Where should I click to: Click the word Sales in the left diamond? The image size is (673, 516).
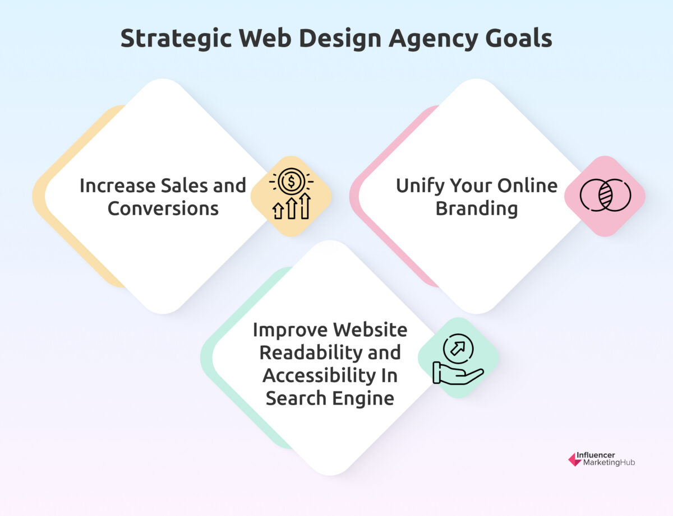tap(176, 185)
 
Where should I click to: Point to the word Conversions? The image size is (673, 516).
tap(163, 208)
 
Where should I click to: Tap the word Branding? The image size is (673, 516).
tap(477, 208)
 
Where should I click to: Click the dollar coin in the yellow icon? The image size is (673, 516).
tap(291, 182)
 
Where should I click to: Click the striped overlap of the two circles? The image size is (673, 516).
tap(605, 195)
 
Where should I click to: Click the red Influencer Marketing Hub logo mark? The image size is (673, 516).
tap(574, 459)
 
